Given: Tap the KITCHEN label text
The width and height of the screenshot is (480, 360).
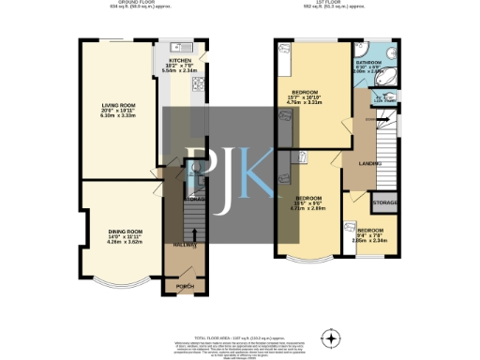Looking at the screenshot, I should point(179,59).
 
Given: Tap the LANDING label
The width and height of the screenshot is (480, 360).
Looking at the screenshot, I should point(356,165).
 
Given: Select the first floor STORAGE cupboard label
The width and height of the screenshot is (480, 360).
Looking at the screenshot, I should point(385,202).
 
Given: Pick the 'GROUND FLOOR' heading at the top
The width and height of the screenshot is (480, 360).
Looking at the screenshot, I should point(121,3).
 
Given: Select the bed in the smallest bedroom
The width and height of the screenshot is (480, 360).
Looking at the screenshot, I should point(351,228).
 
